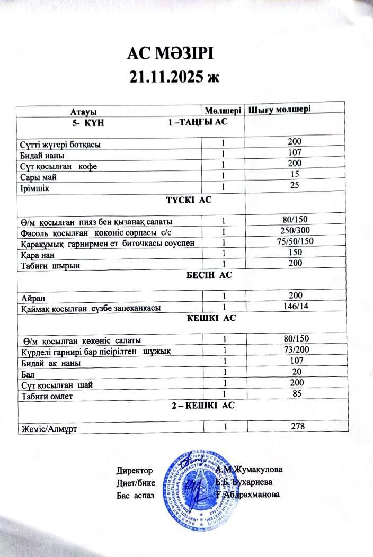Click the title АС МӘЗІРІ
click(173, 54)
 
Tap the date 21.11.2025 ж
click(174, 77)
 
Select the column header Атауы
click(83, 112)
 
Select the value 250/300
click(295, 230)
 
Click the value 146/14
click(295, 306)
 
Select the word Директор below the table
click(135, 470)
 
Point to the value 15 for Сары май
click(295, 174)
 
